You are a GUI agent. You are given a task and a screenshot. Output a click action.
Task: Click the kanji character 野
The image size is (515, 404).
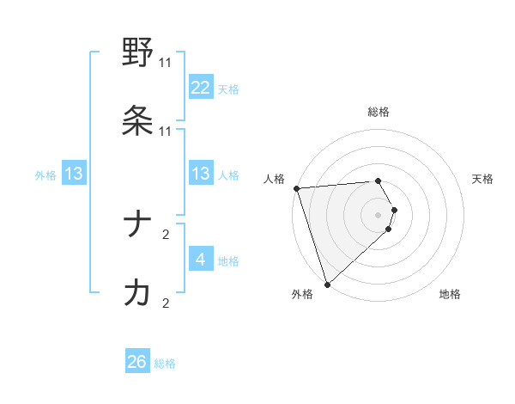click(137, 52)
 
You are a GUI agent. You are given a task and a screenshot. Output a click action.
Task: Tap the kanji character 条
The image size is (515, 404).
click(137, 121)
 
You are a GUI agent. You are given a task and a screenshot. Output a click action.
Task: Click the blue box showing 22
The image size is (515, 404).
click(201, 88)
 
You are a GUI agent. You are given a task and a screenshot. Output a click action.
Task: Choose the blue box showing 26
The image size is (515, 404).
click(137, 362)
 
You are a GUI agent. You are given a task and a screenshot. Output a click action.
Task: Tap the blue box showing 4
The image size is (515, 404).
click(201, 260)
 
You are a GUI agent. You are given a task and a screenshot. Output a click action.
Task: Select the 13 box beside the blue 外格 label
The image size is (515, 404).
click(74, 174)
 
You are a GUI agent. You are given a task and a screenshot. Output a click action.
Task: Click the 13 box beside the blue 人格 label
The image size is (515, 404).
click(201, 174)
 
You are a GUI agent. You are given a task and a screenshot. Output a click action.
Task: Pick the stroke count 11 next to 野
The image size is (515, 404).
click(166, 63)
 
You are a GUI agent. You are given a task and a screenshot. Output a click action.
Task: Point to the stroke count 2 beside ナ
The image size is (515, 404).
click(166, 233)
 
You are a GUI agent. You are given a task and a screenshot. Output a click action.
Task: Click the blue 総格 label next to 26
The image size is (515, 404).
click(165, 364)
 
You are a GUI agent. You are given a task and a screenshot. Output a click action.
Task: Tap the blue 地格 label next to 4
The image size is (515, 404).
click(228, 261)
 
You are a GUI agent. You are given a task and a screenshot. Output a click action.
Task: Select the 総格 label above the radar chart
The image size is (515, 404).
click(379, 112)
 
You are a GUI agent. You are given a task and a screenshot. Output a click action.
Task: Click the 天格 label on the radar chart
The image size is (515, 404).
click(483, 179)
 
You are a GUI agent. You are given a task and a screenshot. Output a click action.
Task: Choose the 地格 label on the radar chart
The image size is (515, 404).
click(450, 294)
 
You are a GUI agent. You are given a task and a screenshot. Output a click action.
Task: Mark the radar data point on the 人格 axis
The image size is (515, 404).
click(296, 188)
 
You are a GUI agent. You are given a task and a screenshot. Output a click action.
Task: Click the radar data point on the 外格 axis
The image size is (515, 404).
click(327, 284)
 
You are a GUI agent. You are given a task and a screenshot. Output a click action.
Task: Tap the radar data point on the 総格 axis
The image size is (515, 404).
click(379, 181)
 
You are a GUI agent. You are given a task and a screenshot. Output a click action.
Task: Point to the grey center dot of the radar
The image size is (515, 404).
click(379, 214)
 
